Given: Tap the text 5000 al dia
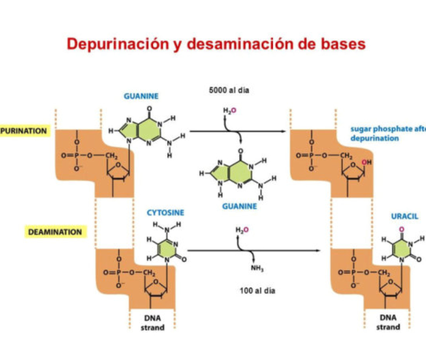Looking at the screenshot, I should coord(229,91).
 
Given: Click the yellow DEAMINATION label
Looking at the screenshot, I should coord(55,232).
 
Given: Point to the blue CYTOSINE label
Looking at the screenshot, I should coord(166,212).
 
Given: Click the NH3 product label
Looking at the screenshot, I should coord(257,268).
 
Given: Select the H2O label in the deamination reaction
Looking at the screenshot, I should coord(242,230).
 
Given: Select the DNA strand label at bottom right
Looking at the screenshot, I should coord(388,322).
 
